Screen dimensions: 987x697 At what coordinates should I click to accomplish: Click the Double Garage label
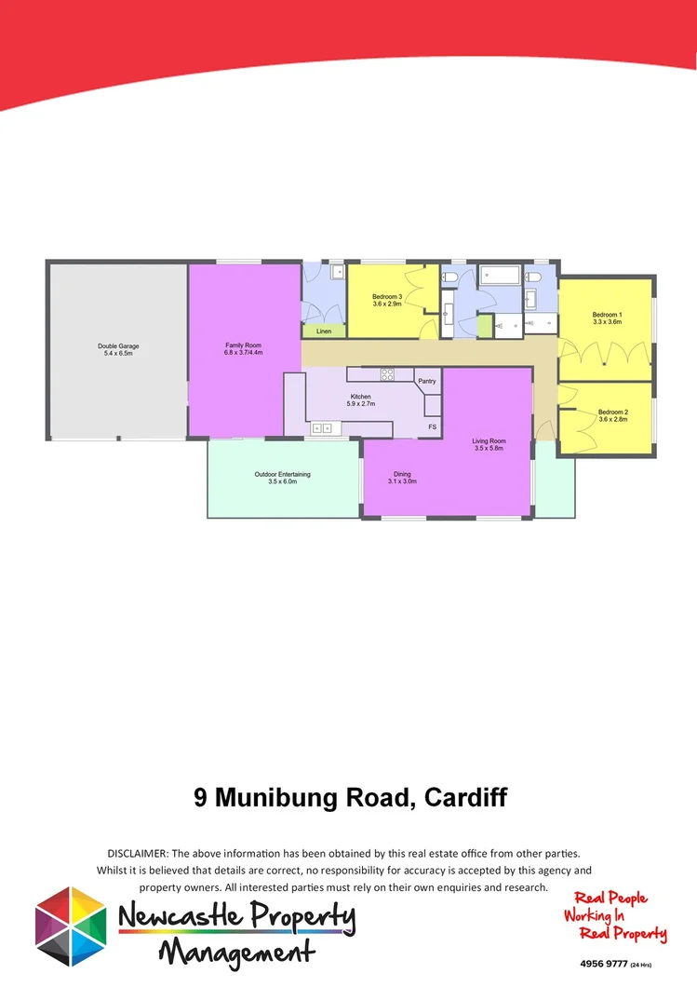pos(118,346)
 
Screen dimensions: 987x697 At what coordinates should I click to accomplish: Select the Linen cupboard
pos(323,331)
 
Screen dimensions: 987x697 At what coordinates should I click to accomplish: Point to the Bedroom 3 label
pos(387,297)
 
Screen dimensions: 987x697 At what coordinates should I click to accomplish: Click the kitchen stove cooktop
pos(386,374)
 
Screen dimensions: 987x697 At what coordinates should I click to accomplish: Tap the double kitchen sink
pos(322,427)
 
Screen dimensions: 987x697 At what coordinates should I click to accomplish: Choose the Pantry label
pos(427,381)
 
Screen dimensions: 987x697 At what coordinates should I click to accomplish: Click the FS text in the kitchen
pos(432,426)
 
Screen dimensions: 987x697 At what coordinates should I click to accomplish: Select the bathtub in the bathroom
pos(500,275)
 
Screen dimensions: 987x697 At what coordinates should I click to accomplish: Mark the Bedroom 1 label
pos(607,315)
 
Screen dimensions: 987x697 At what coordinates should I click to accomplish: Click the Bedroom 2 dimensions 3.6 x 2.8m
pos(612,420)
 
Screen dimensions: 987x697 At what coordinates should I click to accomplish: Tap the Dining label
pos(402,474)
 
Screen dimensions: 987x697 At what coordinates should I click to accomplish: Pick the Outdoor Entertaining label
pos(282,474)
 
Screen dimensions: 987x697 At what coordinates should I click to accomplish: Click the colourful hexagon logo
pos(71,926)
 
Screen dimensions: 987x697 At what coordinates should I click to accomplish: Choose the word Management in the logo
pos(235,953)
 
